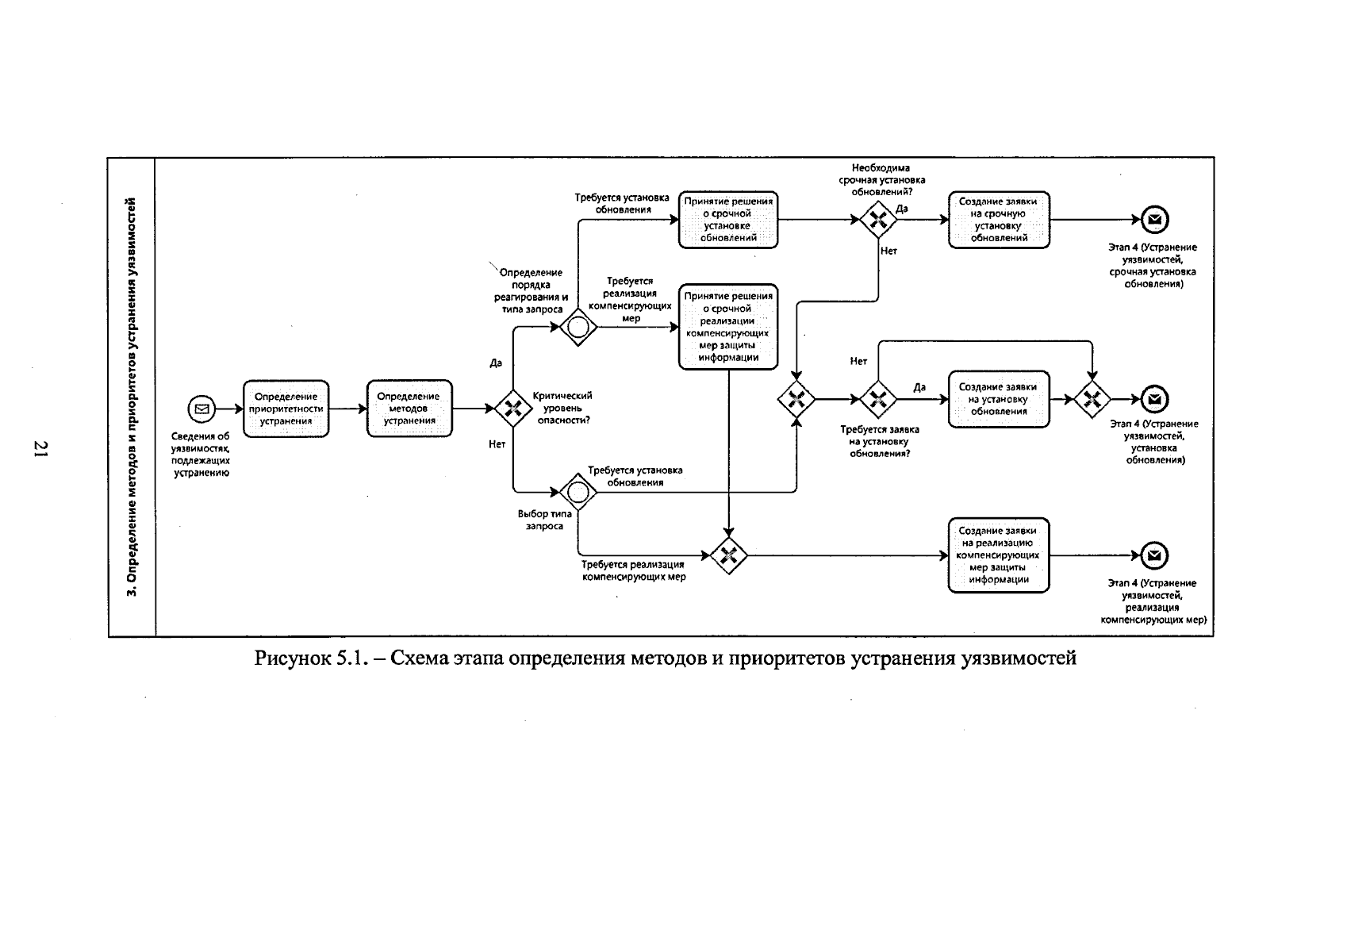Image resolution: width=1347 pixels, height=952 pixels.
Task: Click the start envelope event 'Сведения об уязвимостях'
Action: (x=201, y=409)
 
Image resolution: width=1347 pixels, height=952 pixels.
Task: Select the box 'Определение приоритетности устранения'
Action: (x=286, y=409)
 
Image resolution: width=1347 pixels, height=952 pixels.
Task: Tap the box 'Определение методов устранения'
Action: (x=409, y=409)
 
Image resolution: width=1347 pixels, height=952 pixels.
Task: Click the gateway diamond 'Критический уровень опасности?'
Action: (x=513, y=409)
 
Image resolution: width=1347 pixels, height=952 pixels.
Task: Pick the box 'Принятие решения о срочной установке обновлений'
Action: (x=728, y=220)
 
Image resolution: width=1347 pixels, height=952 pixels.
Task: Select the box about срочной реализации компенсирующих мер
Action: (x=728, y=327)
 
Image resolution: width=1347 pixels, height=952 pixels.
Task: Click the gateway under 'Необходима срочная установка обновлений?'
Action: (x=878, y=220)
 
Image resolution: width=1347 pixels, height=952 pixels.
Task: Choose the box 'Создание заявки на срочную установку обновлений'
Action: (x=999, y=220)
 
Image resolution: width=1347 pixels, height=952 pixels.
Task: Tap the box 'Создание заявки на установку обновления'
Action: (x=999, y=399)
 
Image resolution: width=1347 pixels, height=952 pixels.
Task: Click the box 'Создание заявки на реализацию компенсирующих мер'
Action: (x=999, y=555)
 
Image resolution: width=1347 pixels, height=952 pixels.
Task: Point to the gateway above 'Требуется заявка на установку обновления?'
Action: (x=878, y=399)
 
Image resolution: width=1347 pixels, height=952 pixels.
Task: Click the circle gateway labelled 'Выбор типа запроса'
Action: (x=578, y=492)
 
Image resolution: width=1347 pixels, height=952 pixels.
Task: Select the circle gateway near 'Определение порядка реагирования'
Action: (x=578, y=327)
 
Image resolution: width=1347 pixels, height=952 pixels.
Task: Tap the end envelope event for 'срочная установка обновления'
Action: (x=1154, y=220)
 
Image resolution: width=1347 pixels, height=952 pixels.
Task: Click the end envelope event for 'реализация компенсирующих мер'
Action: (x=1154, y=555)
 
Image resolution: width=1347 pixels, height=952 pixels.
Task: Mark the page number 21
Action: (x=41, y=449)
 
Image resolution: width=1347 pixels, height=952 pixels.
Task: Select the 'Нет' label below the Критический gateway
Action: (x=497, y=444)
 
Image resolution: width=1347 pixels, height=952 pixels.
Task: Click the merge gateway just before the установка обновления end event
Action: (x=1092, y=399)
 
